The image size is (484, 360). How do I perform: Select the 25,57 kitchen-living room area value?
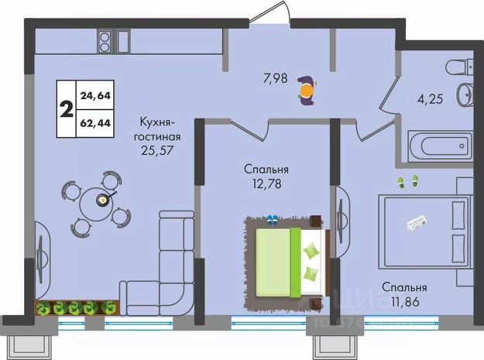coord(156,149)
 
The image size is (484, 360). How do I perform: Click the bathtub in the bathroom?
coord(439,144)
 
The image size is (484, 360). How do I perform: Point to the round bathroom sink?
coord(466,94)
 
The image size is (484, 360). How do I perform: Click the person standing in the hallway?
coord(307,91)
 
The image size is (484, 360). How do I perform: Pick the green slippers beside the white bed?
coord(407,182)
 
